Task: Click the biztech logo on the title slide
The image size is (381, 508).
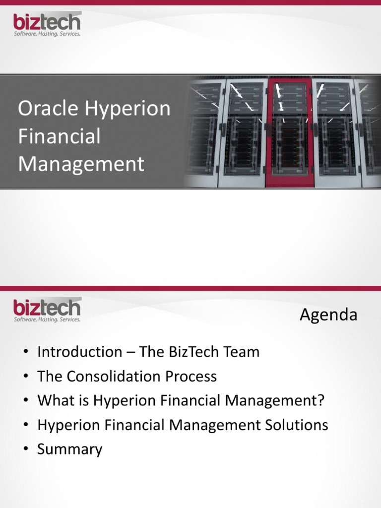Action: point(47,23)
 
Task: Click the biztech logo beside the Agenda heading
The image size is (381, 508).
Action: point(47,308)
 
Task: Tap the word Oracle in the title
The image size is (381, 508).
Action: point(48,109)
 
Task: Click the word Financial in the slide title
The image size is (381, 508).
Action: point(59,136)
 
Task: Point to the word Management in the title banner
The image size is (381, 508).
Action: point(81,164)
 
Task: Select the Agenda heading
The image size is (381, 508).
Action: point(328,315)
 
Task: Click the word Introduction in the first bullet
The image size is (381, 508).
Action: point(78,352)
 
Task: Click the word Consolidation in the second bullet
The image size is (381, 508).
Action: point(115,377)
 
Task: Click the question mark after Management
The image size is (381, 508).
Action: point(320,401)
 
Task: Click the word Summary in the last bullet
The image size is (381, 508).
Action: point(70,449)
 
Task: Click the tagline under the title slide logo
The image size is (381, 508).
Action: point(47,34)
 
